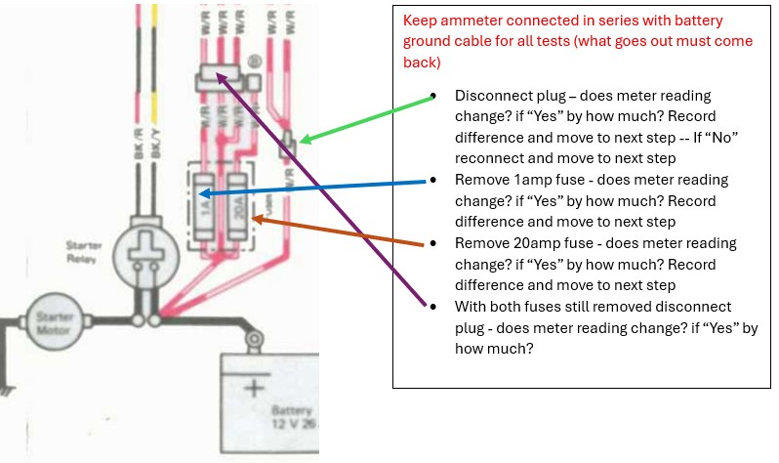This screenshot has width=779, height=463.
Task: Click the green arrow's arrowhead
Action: point(304,141)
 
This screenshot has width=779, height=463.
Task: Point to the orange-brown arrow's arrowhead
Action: point(256,218)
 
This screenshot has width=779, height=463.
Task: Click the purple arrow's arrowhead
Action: point(220,78)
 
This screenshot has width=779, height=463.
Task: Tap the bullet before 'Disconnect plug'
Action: point(432,96)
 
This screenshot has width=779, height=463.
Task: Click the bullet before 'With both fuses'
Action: point(432,307)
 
